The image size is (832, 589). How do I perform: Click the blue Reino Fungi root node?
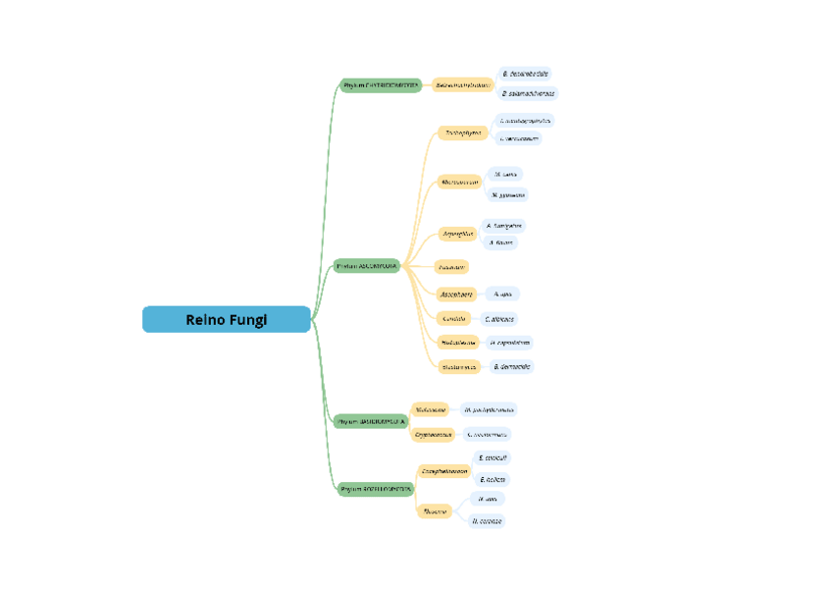[x=227, y=320]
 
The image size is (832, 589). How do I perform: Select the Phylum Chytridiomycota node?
[x=381, y=85]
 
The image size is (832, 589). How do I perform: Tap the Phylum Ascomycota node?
[x=367, y=266]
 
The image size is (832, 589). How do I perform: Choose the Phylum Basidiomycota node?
[x=371, y=421]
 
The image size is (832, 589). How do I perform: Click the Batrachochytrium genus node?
[x=462, y=85]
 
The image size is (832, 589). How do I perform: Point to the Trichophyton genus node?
[x=463, y=133]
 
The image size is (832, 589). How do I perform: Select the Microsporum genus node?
[x=460, y=183]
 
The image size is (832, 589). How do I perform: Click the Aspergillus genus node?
[x=458, y=234]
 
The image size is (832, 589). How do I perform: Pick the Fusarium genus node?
[x=451, y=266]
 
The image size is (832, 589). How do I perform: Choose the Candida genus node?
[x=454, y=319]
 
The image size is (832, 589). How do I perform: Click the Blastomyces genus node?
[x=459, y=367]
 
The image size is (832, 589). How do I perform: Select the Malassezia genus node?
[x=431, y=409]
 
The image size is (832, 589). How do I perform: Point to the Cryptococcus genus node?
[x=434, y=434]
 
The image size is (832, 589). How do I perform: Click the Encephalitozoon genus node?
[x=444, y=471]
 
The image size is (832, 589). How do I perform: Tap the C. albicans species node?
[x=499, y=319]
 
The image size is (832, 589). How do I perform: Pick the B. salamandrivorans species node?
[x=528, y=94]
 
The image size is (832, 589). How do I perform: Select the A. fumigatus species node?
[x=504, y=225]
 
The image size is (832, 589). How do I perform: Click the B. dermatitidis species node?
[x=512, y=367]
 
